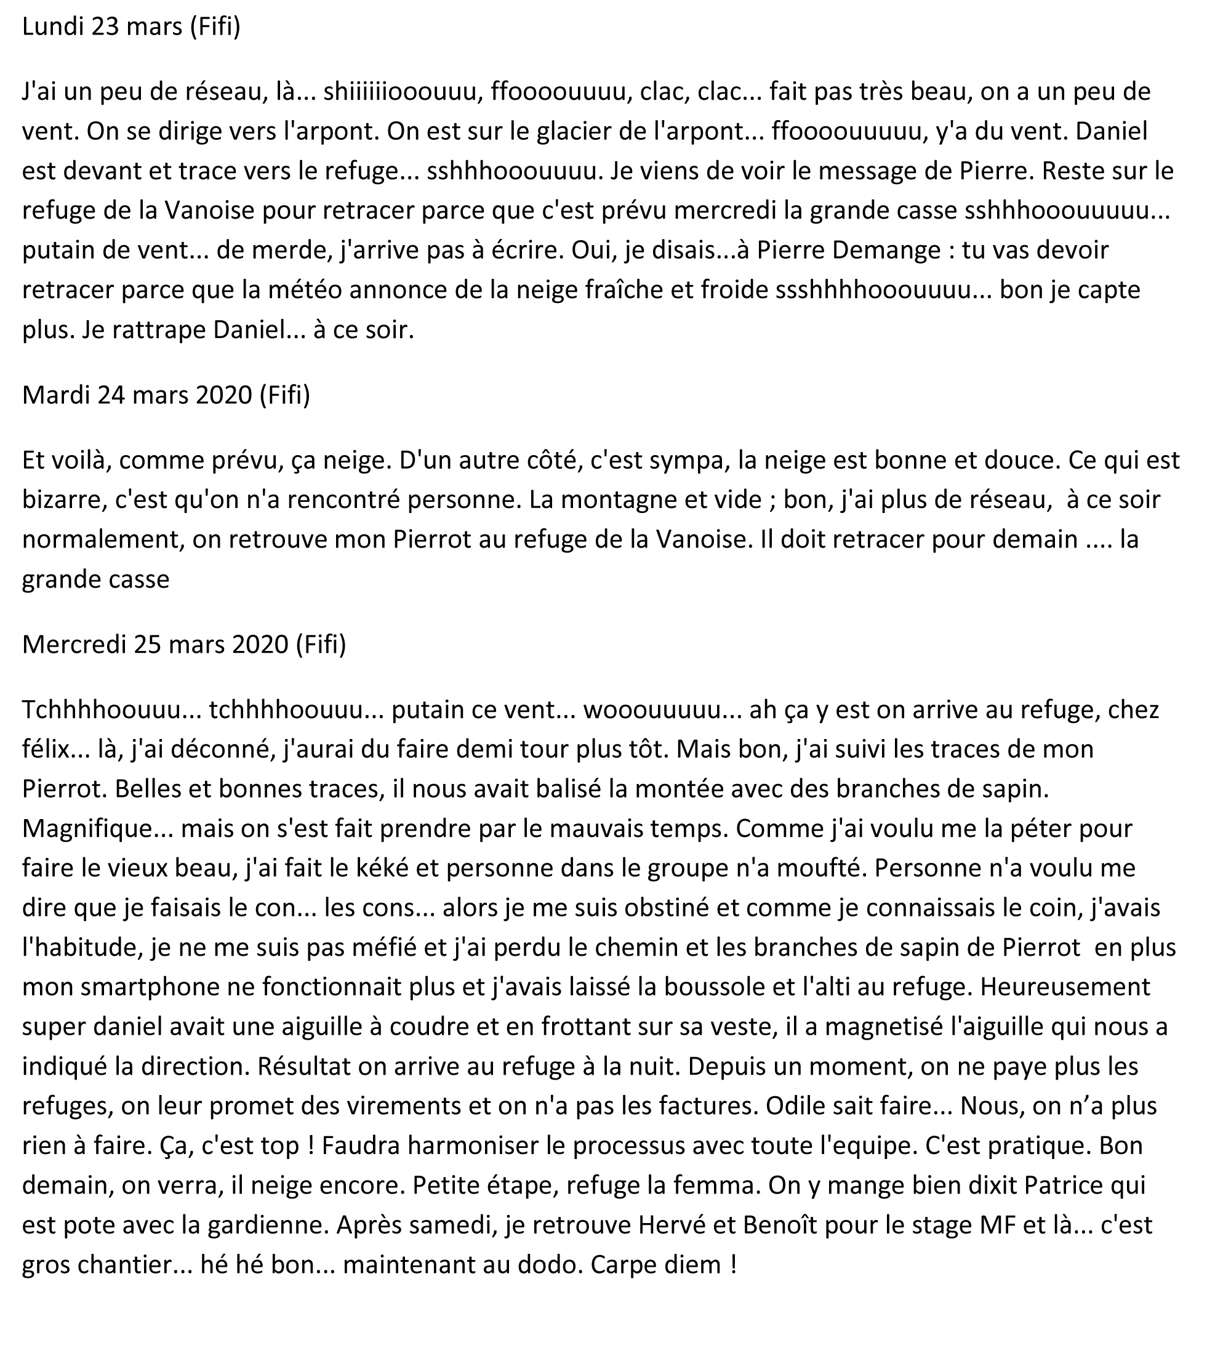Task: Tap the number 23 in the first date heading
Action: (x=107, y=27)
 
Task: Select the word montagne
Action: (x=618, y=500)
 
